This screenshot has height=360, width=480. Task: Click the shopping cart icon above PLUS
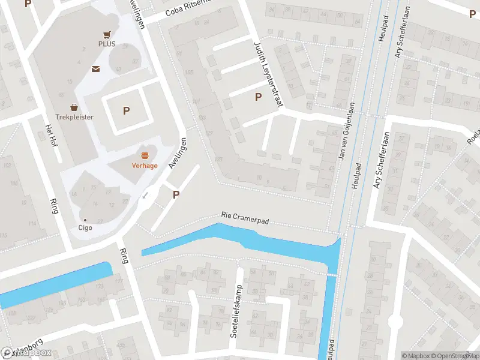[107, 35]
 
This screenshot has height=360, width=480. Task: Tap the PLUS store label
[107, 44]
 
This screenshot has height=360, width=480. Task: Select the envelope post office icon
[95, 69]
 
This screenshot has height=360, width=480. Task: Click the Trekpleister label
[74, 117]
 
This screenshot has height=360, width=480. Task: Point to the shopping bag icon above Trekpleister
[74, 107]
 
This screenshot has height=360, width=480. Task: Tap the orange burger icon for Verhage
[145, 155]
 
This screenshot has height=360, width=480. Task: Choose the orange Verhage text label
[145, 166]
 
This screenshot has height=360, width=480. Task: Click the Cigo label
[85, 227]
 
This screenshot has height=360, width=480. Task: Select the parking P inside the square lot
[126, 110]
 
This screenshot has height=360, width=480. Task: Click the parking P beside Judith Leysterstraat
[259, 97]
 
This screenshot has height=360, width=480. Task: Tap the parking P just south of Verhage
[176, 194]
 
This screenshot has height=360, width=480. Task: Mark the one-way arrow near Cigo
[145, 195]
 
